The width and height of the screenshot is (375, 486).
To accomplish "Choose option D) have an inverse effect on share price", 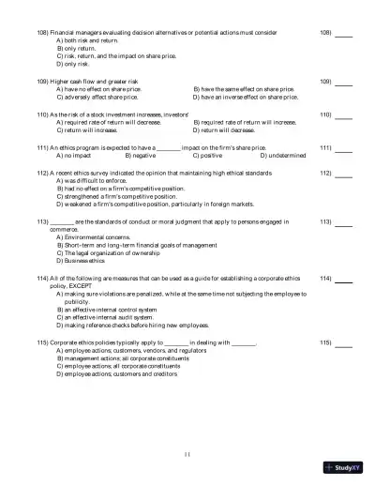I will [x=245, y=96].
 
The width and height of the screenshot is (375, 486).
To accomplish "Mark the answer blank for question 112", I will [x=344, y=174].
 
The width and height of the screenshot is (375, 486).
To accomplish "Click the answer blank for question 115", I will [x=344, y=344].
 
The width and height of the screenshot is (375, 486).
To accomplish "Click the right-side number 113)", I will [x=326, y=221].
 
